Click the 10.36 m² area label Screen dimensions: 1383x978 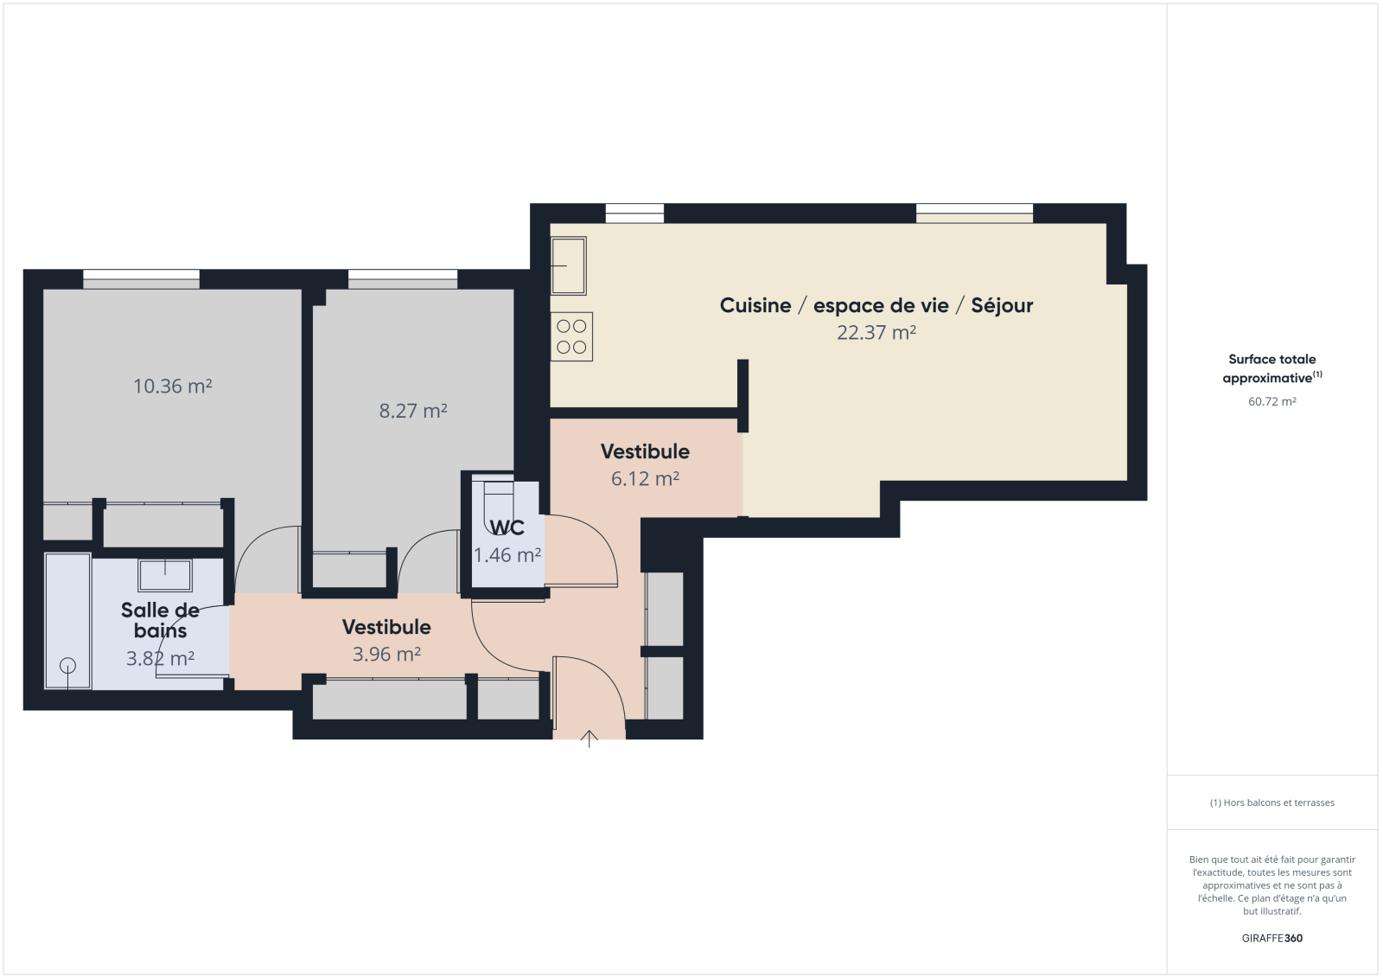click(x=173, y=387)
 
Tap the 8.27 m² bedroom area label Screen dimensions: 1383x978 click(x=413, y=411)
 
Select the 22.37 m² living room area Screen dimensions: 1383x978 click(x=876, y=332)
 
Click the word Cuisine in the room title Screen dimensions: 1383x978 click(x=755, y=305)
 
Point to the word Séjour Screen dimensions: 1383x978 click(x=1002, y=306)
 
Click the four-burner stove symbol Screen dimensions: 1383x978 click(x=571, y=336)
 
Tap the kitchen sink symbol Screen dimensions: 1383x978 click(x=569, y=265)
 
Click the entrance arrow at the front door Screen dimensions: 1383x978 click(x=589, y=739)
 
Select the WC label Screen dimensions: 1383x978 click(x=507, y=527)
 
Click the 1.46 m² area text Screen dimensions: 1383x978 click(x=507, y=555)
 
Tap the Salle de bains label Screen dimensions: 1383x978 click(x=161, y=620)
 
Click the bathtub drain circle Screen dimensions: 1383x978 click(x=68, y=665)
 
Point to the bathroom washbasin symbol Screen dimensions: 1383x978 click(x=165, y=575)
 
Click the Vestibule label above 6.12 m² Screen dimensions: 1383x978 click(x=645, y=451)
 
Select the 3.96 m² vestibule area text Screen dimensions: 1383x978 click(x=386, y=654)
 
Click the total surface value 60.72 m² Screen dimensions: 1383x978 click(x=1271, y=401)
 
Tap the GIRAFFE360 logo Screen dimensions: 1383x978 click(x=1271, y=938)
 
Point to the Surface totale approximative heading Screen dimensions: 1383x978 click(x=1271, y=369)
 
